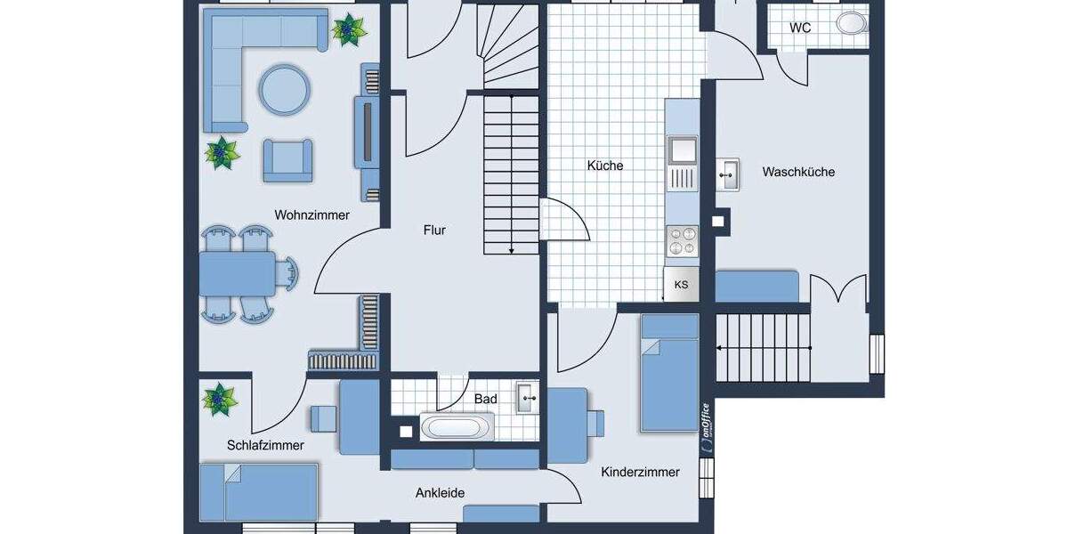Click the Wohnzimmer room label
[311, 215]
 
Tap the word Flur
[434, 231]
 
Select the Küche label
[605, 166]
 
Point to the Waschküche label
[798, 172]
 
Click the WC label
[800, 28]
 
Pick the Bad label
[485, 400]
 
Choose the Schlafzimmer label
[265, 445]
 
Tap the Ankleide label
[440, 493]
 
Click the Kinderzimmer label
[640, 473]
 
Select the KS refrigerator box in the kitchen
[682, 285]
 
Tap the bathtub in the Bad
[455, 428]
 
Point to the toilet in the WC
[852, 23]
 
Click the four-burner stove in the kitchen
[683, 241]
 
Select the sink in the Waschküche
[729, 174]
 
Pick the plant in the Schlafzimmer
[218, 400]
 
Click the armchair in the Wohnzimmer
[287, 159]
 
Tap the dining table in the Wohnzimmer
[238, 273]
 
